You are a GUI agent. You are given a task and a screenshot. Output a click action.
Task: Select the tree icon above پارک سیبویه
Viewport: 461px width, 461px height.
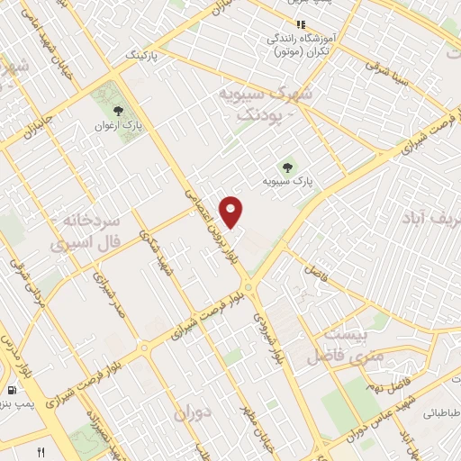coord(287,166)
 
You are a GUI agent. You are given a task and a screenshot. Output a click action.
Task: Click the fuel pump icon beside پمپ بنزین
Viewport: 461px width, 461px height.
coord(11,391)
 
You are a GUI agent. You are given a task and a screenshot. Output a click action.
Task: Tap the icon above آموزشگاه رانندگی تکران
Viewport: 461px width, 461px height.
coord(302,24)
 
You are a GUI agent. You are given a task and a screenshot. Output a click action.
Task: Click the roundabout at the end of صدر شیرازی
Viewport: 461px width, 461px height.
coord(144,348)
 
